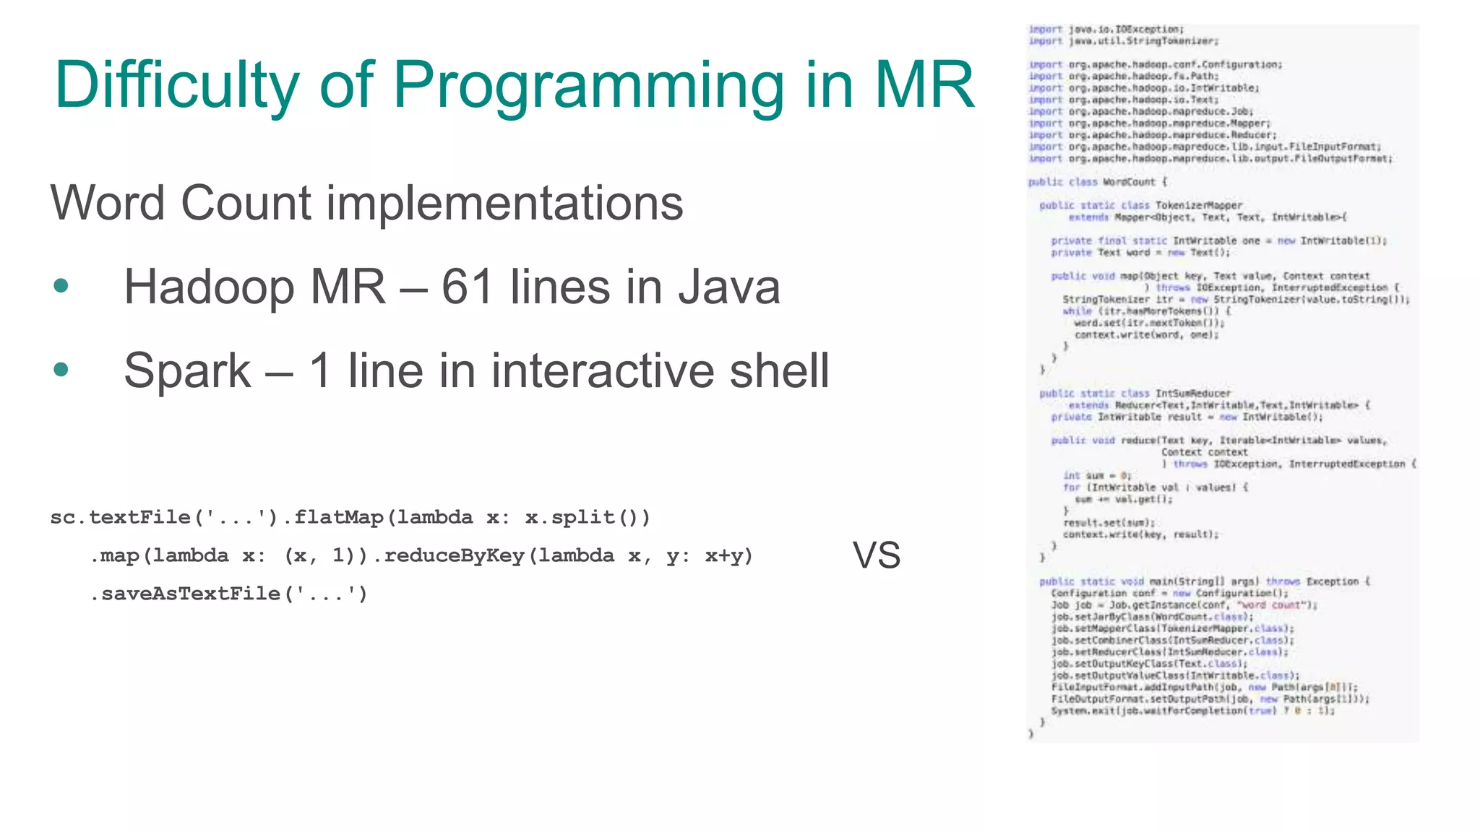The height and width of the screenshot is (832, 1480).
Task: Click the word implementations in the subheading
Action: (x=504, y=203)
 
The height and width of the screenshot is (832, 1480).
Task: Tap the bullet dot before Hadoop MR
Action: (x=61, y=286)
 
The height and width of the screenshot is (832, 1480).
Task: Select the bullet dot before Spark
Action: (x=61, y=370)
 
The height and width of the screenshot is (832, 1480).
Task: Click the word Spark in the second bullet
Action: (x=187, y=370)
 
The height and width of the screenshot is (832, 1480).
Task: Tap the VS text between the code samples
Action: (x=877, y=555)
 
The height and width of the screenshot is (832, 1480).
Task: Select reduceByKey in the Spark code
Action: (x=455, y=555)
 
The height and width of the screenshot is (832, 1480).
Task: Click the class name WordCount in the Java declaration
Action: (x=1129, y=182)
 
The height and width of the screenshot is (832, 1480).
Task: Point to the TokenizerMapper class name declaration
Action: (x=1199, y=206)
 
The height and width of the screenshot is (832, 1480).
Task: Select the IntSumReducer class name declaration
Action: (x=1193, y=394)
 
